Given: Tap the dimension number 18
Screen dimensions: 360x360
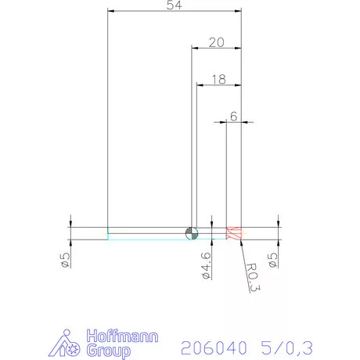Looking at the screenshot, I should pos(218,78).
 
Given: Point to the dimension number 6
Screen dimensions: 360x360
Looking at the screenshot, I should pos(233,116).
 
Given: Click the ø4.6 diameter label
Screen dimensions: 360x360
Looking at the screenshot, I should pos(206,265).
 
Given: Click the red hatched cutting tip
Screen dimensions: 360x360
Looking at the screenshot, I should pos(234,233).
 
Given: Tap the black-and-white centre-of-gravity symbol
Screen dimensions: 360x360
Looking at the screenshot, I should pos(193,233).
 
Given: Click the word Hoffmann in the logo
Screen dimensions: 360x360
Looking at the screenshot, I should pos(121,337).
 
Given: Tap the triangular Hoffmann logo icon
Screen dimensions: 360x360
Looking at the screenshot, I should pos(71,344).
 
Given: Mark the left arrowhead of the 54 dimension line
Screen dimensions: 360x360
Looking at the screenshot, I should pos(110,12).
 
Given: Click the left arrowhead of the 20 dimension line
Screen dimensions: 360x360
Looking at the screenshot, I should pos(194,49).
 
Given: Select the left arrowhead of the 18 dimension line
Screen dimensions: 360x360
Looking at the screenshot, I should pos(199,85).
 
